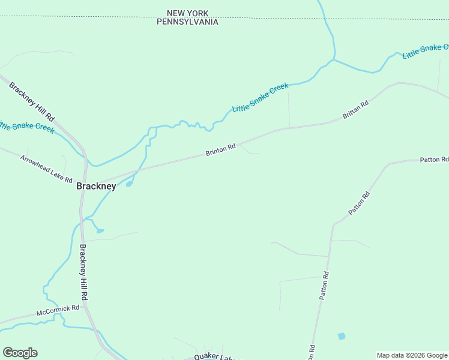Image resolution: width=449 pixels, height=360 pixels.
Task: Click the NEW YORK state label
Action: coord(187,13)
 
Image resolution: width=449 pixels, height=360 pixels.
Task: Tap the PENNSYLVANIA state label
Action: coord(187,22)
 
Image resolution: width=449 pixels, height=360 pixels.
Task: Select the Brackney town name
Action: coord(96,186)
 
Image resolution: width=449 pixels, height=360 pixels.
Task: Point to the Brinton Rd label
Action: coord(220,149)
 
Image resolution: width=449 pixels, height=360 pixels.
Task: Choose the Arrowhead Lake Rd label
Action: coord(46,169)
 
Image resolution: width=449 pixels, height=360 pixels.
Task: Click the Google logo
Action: coord(20,353)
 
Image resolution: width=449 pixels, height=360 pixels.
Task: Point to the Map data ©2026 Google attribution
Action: coord(412,355)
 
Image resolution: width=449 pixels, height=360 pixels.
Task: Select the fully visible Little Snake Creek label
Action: coord(261,97)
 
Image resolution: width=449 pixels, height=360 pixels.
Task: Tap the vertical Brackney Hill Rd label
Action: coord(85,273)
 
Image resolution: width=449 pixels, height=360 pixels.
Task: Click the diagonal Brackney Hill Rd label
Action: coord(32,102)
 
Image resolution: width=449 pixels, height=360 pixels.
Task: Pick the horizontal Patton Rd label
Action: coord(433,160)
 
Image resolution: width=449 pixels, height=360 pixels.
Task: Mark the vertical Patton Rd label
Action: coord(325,286)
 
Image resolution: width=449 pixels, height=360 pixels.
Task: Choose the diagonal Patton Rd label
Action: coord(359,203)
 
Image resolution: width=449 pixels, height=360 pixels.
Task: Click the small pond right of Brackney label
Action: coord(129,184)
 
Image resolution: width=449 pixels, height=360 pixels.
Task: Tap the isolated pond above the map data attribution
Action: coord(342,336)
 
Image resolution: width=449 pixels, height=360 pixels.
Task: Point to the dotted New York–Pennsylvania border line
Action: coord(90,17)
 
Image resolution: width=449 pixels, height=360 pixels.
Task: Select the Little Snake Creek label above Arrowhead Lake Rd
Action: coord(27,127)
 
